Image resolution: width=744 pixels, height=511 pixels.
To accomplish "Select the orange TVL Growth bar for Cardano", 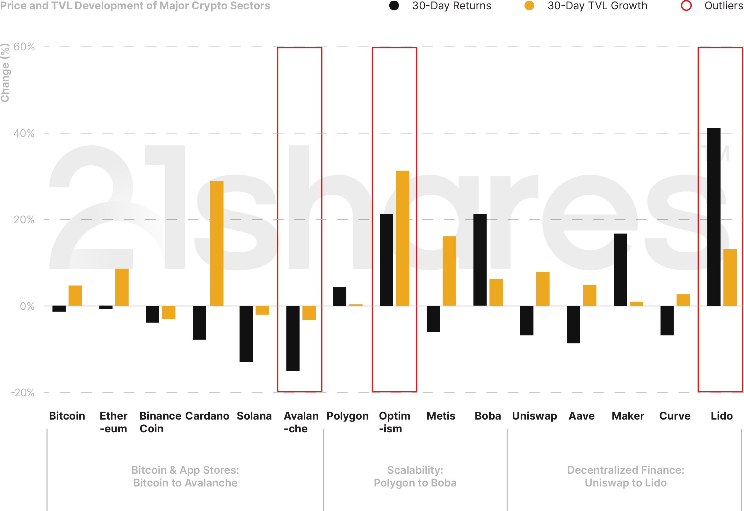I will click(x=217, y=244).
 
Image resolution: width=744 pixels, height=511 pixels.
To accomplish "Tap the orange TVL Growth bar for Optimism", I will click(x=402, y=238).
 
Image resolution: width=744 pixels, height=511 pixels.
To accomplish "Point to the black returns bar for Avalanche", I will click(x=293, y=338).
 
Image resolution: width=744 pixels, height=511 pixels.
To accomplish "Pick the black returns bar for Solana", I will click(x=246, y=334).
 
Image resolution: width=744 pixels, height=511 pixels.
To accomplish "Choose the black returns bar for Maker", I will click(x=620, y=270).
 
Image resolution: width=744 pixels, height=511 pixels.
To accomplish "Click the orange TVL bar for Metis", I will click(x=449, y=271).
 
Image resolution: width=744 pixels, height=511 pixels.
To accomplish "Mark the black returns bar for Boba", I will click(x=480, y=260).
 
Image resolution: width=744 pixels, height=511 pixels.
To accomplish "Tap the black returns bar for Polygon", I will click(x=339, y=297).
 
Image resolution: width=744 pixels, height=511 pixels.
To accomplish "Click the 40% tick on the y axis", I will click(x=24, y=133).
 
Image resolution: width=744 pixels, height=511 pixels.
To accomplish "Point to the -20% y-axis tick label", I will click(x=23, y=392).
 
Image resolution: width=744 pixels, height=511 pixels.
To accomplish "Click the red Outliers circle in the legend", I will click(x=686, y=5).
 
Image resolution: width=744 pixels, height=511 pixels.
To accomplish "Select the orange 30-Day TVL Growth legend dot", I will click(x=529, y=5).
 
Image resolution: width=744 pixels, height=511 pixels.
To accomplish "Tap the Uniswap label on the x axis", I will click(x=534, y=416).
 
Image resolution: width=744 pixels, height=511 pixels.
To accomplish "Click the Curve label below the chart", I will click(x=675, y=416).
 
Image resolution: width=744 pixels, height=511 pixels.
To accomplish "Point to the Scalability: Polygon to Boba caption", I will click(x=415, y=476).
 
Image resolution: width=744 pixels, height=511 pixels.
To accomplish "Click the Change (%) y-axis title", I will click(x=5, y=73).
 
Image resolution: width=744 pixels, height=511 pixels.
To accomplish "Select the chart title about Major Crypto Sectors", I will click(x=135, y=5).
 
